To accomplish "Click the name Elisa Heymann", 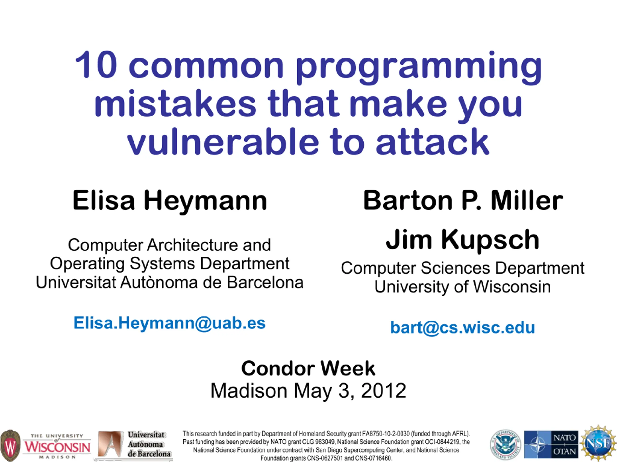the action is coord(170,200).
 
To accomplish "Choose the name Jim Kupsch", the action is coord(463,239).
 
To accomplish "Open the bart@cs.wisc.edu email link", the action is coord(463,327).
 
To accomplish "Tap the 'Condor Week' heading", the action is coord(308,368).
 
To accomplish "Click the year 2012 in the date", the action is coord(383,391).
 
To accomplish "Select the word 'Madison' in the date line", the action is coord(249,391).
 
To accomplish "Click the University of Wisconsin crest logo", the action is coord(10,445).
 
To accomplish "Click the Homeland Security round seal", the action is coord(505,445).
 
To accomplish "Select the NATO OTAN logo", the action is coord(551,445).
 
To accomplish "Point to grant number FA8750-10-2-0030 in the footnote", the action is coord(386,434).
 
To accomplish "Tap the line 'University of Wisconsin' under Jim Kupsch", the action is coord(463,287).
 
